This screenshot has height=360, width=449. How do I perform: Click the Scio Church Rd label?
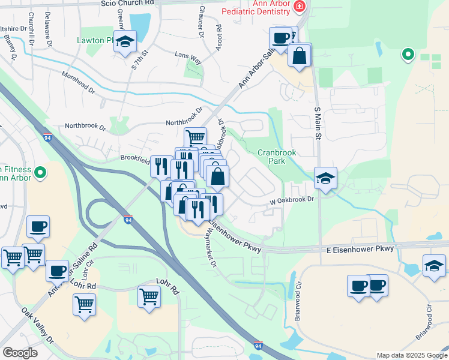pyautogui.click(x=127, y=4)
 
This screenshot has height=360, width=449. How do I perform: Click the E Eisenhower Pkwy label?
pyautogui.click(x=360, y=248)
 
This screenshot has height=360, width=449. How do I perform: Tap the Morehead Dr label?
pyautogui.click(x=78, y=82)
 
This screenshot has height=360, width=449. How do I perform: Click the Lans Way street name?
pyautogui.click(x=188, y=58)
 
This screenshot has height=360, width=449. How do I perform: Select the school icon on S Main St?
pyautogui.click(x=325, y=178)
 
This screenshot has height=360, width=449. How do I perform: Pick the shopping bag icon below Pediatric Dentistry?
pyautogui.click(x=300, y=56)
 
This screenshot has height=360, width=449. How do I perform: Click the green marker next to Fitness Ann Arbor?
pyautogui.click(x=40, y=173)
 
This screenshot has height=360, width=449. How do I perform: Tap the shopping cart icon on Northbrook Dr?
pyautogui.click(x=195, y=137)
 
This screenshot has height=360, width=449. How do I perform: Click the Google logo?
pyautogui.click(x=20, y=352)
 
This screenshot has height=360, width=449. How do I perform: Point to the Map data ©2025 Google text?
pyautogui.click(x=412, y=355)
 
